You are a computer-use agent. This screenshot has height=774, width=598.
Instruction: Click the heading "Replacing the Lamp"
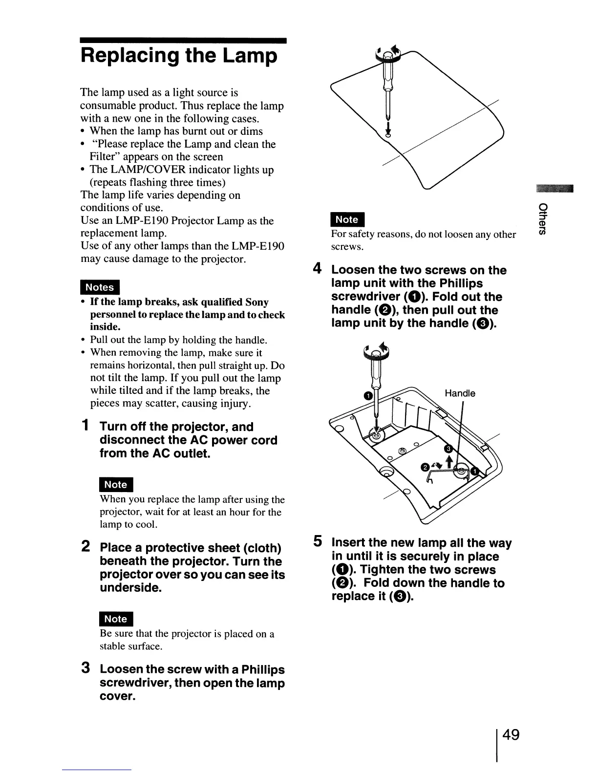pyautogui.click(x=179, y=56)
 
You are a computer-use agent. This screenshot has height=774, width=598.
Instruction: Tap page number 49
pyautogui.click(x=509, y=735)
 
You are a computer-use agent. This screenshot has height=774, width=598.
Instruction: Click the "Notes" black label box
pyautogui.click(x=100, y=287)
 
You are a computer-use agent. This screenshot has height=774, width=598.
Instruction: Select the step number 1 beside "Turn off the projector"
pyautogui.click(x=85, y=426)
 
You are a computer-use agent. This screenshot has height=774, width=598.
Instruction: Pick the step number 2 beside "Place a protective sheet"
pyautogui.click(x=85, y=547)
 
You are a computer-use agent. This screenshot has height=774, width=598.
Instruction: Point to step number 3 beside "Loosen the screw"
pyautogui.click(x=85, y=668)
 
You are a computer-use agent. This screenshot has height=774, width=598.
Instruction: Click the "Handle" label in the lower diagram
pyautogui.click(x=459, y=393)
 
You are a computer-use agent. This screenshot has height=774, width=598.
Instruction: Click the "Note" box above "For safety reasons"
pyautogui.click(x=347, y=220)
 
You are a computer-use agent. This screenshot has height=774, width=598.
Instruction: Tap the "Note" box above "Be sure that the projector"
pyautogui.click(x=116, y=619)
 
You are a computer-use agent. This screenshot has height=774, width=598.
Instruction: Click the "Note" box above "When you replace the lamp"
pyautogui.click(x=116, y=485)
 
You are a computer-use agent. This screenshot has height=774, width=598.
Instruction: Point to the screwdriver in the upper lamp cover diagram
pyautogui.click(x=387, y=93)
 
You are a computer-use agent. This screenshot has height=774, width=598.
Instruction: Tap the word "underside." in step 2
pyautogui.click(x=130, y=588)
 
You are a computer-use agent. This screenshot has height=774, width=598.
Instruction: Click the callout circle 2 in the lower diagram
pyautogui.click(x=425, y=468)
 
